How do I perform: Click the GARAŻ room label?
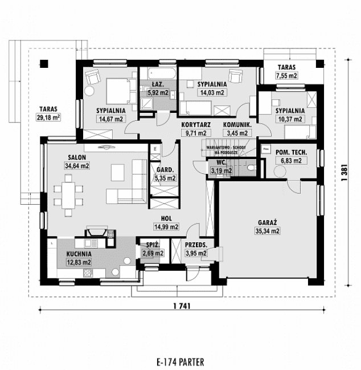click(267, 223)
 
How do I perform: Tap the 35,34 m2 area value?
click(267, 231)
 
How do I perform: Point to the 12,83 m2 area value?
click(78, 262)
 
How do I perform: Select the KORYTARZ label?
click(195, 124)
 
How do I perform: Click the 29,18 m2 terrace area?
click(48, 117)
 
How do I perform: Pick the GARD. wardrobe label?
click(165, 170)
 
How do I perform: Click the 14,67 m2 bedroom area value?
click(110, 119)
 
